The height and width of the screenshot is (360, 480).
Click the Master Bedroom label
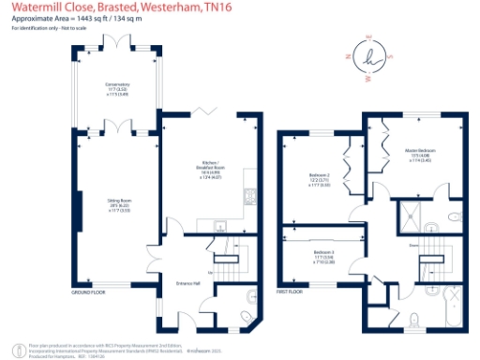pos(419,150)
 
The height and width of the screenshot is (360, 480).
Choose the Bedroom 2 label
pos(319,175)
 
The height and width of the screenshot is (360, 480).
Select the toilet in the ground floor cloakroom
pos(245,314)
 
